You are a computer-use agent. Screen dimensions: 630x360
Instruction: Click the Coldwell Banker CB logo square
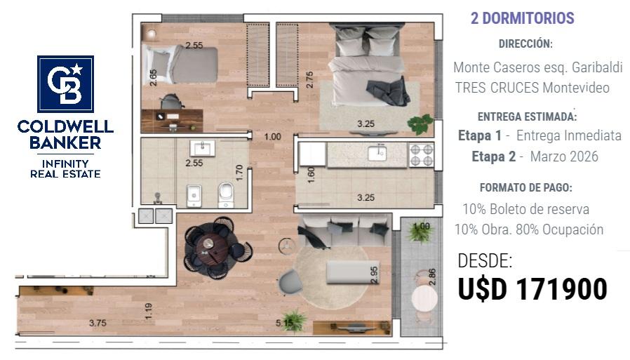coord(65,84)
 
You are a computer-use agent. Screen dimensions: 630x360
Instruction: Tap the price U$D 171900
coord(532,289)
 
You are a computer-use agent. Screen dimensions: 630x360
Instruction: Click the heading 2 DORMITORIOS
coord(523,18)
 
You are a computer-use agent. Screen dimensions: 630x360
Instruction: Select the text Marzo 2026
coord(564,156)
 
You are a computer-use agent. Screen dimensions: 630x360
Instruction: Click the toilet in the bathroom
coord(225,195)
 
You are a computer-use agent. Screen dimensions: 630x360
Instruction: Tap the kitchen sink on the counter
coord(377,153)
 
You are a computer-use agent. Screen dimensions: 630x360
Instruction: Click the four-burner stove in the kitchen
coord(422,155)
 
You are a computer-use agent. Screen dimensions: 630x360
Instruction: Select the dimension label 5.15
coord(284,323)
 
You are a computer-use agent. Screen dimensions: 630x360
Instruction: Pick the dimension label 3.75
coord(98,323)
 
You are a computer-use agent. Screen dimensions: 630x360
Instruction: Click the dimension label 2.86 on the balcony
coord(432,276)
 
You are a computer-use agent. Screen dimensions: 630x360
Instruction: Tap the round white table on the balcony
coord(424,298)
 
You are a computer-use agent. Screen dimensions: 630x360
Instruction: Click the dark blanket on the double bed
coord(388,91)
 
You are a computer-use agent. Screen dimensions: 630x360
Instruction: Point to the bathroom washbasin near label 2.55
coord(202,148)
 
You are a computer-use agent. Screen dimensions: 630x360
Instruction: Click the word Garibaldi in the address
coord(597,67)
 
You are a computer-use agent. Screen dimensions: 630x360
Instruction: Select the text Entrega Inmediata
coord(568,135)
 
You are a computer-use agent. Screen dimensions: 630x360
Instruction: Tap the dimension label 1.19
coord(148,311)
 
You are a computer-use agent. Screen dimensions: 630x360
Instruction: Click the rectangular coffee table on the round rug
coord(348,272)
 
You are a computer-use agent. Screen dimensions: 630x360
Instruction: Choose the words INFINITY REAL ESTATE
coord(65,168)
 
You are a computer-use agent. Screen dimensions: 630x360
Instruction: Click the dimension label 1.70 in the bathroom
coord(239,173)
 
